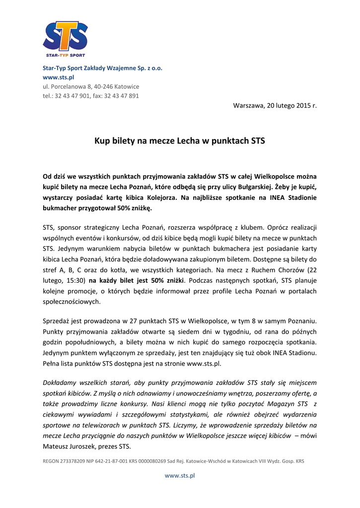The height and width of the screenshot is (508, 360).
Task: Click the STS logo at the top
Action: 65,39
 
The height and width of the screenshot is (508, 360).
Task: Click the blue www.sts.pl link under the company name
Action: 58,77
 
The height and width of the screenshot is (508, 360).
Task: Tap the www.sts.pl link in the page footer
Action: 180,475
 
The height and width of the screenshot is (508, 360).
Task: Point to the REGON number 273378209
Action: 75,461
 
